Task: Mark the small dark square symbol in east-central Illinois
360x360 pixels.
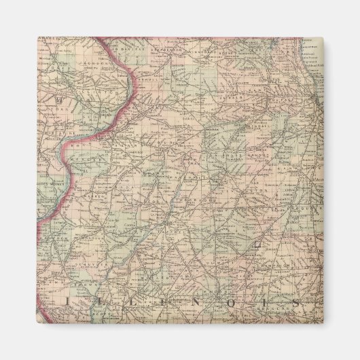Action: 257,242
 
